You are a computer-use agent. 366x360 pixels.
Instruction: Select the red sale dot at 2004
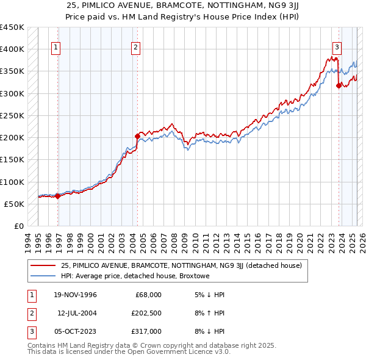(x=137, y=135)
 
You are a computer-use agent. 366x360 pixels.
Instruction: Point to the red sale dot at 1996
(x=58, y=196)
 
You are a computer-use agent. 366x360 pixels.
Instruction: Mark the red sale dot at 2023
(x=339, y=85)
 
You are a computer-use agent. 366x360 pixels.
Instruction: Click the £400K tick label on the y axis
(x=12, y=49)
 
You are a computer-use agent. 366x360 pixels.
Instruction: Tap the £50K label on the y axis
(x=15, y=204)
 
